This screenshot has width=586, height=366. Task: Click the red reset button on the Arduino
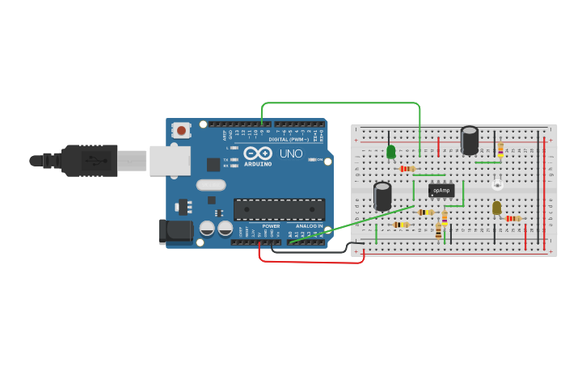(x=182, y=130)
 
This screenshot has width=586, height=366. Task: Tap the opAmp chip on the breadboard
(x=441, y=191)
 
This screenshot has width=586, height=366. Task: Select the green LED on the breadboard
(x=391, y=152)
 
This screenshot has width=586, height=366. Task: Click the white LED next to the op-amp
(x=497, y=184)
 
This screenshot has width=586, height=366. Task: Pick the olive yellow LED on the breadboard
(x=496, y=208)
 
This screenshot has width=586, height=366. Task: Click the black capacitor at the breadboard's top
(x=470, y=140)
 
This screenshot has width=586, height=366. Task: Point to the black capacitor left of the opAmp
(x=382, y=196)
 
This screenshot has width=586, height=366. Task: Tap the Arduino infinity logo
(x=258, y=153)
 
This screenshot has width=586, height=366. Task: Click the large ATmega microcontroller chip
(x=279, y=209)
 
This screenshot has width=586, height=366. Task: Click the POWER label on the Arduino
(x=271, y=226)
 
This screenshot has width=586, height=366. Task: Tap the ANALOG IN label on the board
(x=309, y=226)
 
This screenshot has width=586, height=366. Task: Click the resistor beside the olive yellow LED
(x=513, y=218)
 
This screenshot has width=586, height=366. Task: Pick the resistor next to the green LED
(x=407, y=169)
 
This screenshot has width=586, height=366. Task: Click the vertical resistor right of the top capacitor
(x=500, y=149)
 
